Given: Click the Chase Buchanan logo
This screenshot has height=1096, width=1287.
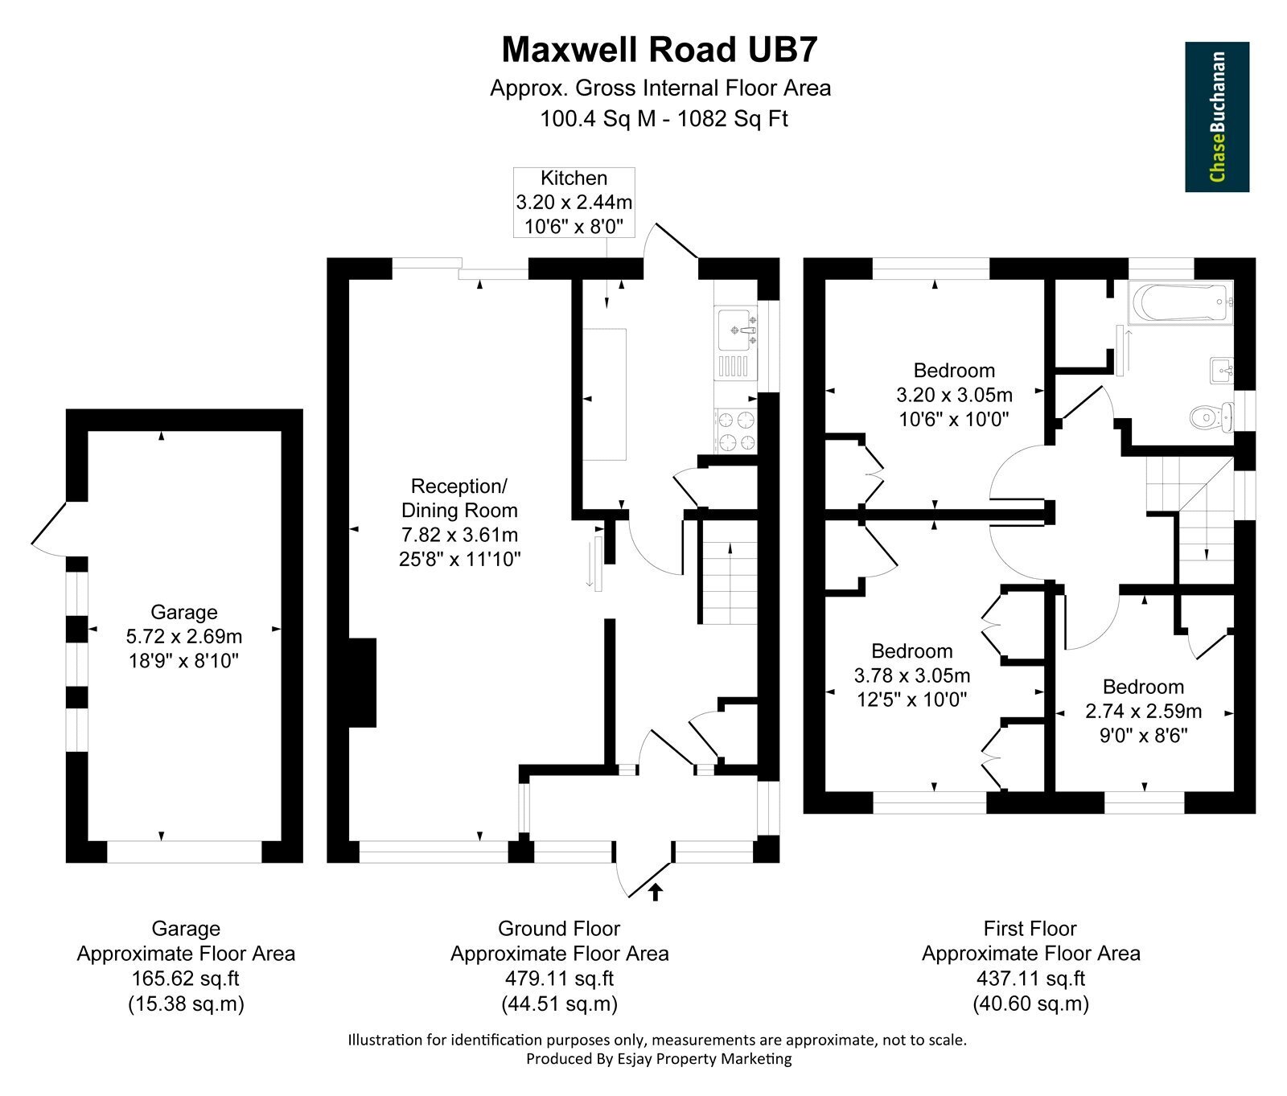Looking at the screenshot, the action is [x=1217, y=117].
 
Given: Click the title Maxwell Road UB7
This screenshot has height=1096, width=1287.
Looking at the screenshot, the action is [x=660, y=50].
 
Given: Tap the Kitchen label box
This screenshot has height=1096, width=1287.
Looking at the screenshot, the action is [x=574, y=203].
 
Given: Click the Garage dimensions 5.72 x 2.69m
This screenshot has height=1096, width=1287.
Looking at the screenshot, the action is [x=184, y=637].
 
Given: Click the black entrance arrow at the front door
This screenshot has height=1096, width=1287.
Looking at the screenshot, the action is [x=656, y=891].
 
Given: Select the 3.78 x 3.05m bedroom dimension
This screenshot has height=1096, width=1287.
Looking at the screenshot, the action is [x=912, y=675].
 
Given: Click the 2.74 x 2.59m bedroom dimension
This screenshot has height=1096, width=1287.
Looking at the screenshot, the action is [x=1144, y=711].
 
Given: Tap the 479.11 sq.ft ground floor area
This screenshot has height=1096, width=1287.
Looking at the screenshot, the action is [x=560, y=979].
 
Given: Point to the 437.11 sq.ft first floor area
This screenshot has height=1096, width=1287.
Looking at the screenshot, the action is [x=1030, y=979].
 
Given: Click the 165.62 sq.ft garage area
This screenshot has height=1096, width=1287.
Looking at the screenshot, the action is [x=186, y=979].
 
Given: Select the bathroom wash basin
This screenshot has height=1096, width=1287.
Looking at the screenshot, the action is [x=1221, y=371].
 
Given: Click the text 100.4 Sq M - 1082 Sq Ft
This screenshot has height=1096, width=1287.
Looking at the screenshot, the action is [x=664, y=119].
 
